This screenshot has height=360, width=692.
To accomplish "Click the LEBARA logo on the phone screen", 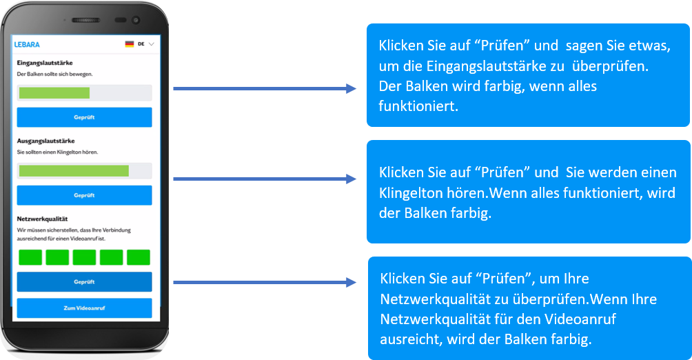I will click(27, 44).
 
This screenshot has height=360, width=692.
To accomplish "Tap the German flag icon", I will click(129, 44).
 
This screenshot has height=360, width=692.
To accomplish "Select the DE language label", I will click(141, 44).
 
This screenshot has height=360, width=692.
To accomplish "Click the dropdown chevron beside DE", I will click(152, 44).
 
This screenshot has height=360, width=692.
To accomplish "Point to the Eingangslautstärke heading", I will click(45, 63).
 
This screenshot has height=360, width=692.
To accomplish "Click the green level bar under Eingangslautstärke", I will click(54, 93).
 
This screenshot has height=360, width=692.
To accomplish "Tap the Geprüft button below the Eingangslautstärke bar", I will click(84, 117).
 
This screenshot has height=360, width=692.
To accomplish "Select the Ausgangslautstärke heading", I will click(46, 141).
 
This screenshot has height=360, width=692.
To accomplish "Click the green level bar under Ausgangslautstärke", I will click(74, 171).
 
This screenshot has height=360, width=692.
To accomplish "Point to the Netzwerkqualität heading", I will click(43, 219).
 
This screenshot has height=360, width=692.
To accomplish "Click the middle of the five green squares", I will click(84, 258).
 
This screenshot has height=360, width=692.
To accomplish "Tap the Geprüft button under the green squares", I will click(84, 282).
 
